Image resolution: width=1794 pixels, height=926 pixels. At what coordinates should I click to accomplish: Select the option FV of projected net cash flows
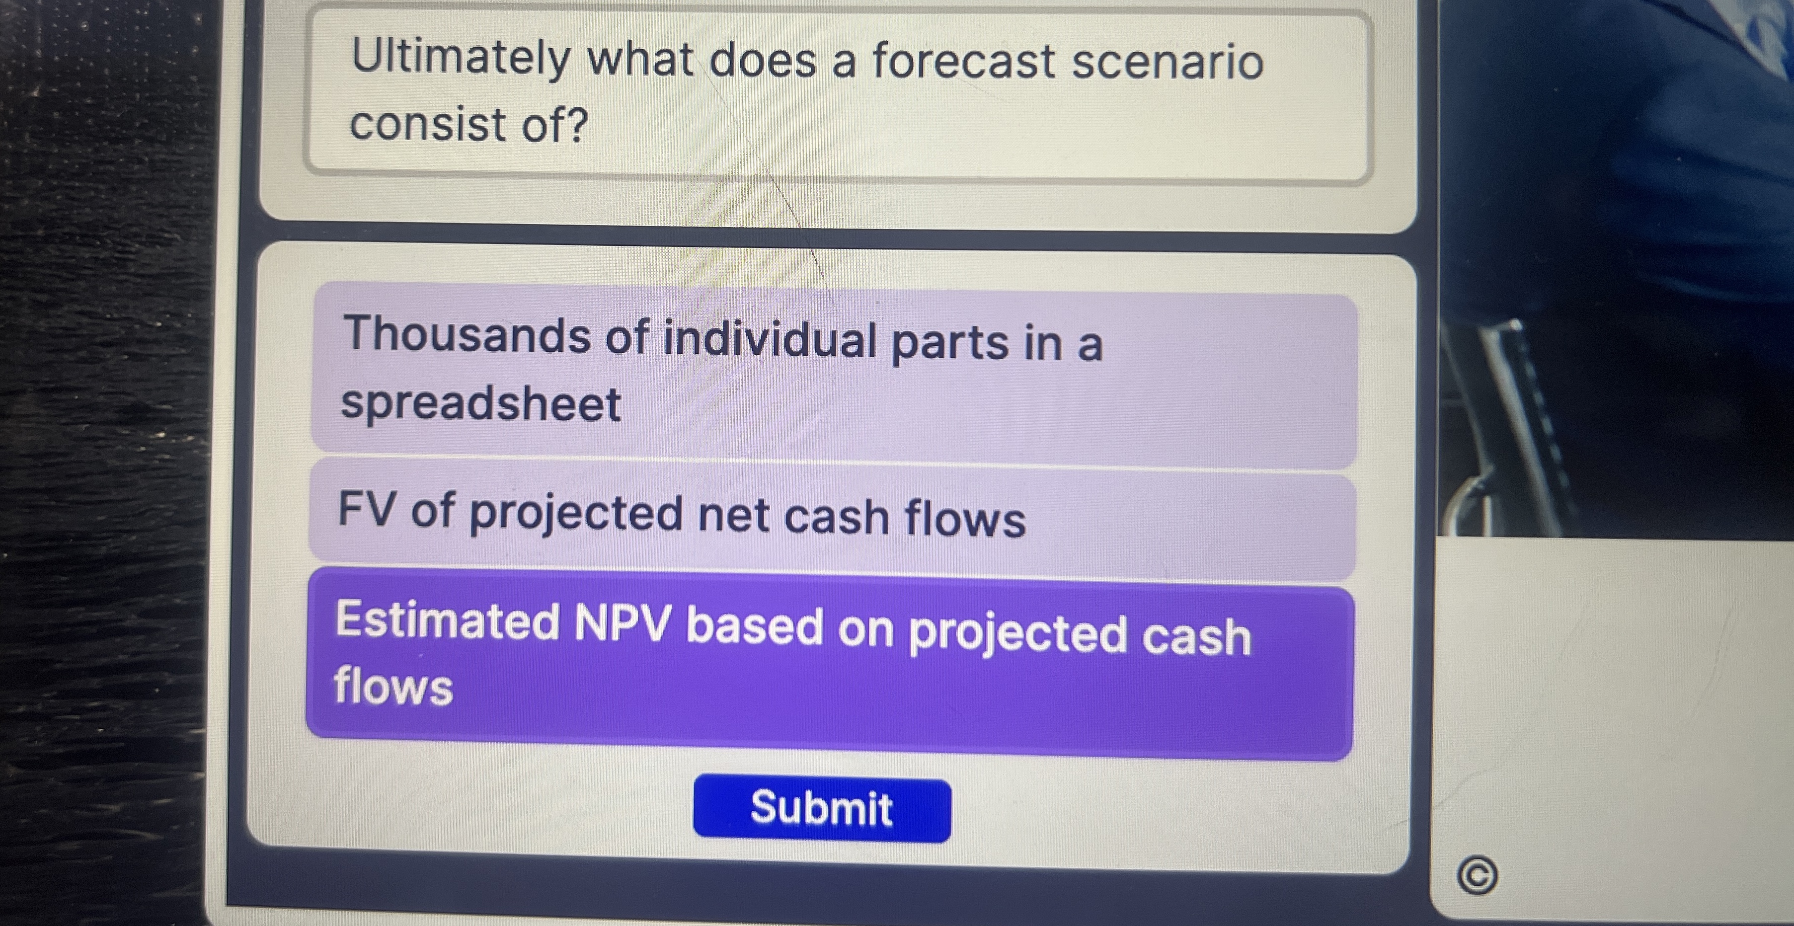(x=832, y=519)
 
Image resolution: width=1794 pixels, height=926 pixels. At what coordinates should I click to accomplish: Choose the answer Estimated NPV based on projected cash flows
(x=829, y=661)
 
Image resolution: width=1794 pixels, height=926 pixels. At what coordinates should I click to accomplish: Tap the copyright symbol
(x=1477, y=876)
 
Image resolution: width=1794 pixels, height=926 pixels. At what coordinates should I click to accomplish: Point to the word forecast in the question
(x=964, y=61)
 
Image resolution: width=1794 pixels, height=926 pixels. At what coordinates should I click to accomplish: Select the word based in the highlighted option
(x=755, y=626)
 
